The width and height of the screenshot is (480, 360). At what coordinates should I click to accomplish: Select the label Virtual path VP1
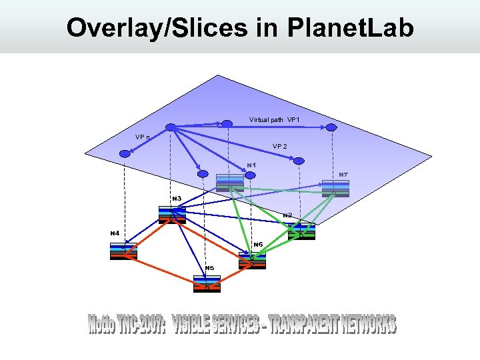(274, 120)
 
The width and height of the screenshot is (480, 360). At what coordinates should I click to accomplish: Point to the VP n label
(142, 137)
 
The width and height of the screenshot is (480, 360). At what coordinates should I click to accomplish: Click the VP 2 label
(280, 146)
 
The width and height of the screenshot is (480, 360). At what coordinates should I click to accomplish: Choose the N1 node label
(251, 165)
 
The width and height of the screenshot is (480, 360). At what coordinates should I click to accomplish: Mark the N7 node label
(343, 175)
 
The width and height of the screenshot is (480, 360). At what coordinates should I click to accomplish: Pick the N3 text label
(177, 198)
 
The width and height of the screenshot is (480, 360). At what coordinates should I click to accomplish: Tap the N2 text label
(287, 215)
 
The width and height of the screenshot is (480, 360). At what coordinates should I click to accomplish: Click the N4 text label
(115, 233)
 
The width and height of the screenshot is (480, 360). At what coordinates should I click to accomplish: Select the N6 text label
(258, 245)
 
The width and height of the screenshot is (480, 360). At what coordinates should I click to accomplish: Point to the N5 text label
(209, 268)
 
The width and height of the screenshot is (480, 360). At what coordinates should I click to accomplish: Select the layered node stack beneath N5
(207, 284)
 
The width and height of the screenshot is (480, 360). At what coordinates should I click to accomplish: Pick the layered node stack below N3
(172, 214)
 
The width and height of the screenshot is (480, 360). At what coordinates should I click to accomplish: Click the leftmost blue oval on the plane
(123, 154)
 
